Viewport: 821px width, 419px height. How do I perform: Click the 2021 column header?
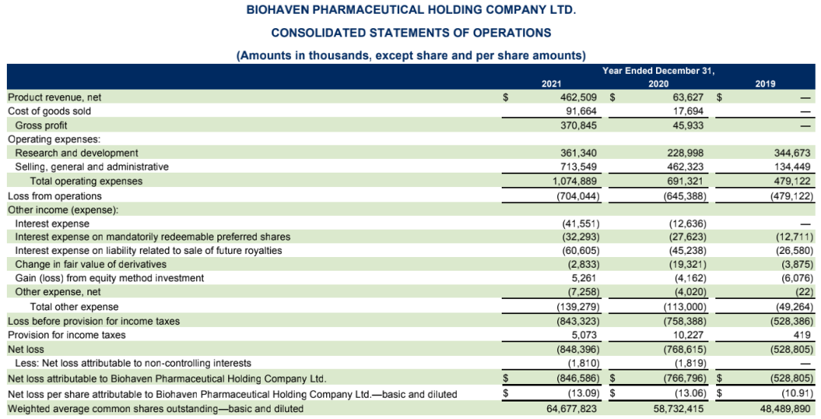pos(550,84)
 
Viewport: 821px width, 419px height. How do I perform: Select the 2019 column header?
pos(765,84)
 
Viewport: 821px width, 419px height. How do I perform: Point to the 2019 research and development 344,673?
pos(794,154)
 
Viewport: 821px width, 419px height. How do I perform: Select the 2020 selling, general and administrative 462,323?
pos(685,167)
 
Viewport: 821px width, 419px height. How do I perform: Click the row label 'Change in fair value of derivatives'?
pos(90,265)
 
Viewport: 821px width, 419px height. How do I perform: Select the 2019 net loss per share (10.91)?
pos(797,394)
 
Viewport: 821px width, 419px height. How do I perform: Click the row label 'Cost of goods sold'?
pos(49,111)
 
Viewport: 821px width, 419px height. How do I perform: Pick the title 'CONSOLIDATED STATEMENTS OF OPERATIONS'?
pos(410,33)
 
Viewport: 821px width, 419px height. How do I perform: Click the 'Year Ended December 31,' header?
pos(658,71)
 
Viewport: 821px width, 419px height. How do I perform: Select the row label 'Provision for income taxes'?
pos(67,335)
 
